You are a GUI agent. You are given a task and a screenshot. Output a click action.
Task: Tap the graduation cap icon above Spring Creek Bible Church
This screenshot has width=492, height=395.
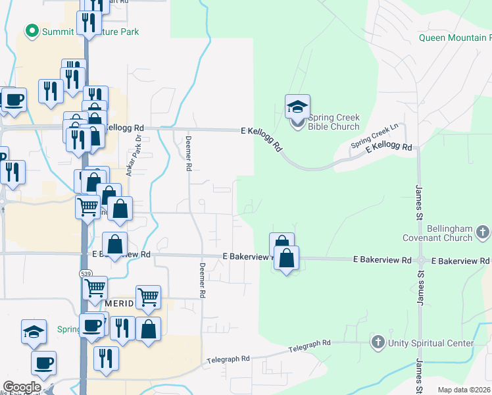coord(297,107)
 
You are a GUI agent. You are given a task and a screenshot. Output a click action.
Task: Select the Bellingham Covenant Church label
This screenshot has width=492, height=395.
coord(450,233)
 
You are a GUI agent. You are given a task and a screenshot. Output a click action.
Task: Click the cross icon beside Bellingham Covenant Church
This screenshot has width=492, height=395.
coord(483,232)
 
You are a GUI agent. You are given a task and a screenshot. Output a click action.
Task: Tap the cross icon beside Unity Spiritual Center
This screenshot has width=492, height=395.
coord(378,342)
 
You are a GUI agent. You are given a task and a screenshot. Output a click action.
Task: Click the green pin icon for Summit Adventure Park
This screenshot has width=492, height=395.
coord(30,31)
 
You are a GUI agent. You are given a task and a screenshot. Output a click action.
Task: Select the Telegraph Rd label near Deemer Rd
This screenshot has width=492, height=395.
coord(228,359)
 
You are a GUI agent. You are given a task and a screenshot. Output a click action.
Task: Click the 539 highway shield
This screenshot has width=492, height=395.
coord(86,273)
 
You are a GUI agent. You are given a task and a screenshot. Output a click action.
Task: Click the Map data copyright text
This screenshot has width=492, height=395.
coord(464,390)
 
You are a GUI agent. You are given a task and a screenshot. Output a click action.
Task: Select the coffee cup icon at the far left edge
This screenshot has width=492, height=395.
coord(14,99)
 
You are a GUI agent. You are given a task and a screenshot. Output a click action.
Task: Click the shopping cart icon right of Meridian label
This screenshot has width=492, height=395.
coord(148,297)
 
